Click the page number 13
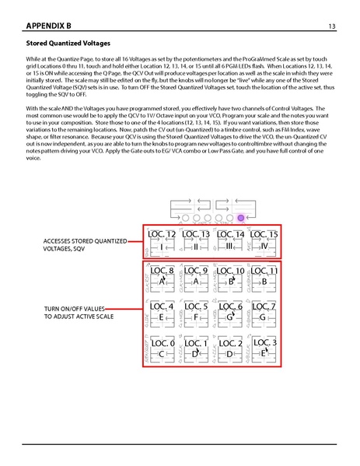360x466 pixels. coord(332,27)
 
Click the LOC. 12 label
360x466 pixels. coord(163,233)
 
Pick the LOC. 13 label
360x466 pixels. coord(197,233)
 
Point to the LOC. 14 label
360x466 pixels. coord(231,233)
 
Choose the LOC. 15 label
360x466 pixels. coord(264,233)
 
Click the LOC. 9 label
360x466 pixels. coord(197,271)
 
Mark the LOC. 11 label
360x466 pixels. coord(264,271)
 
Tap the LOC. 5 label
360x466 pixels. coord(197,307)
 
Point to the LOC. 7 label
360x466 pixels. coord(264,307)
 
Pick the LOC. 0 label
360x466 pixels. coord(163,343)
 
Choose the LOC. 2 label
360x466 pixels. coord(231,343)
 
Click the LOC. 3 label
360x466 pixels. coord(264,342)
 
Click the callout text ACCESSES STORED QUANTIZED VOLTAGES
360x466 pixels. coord(86,245)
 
